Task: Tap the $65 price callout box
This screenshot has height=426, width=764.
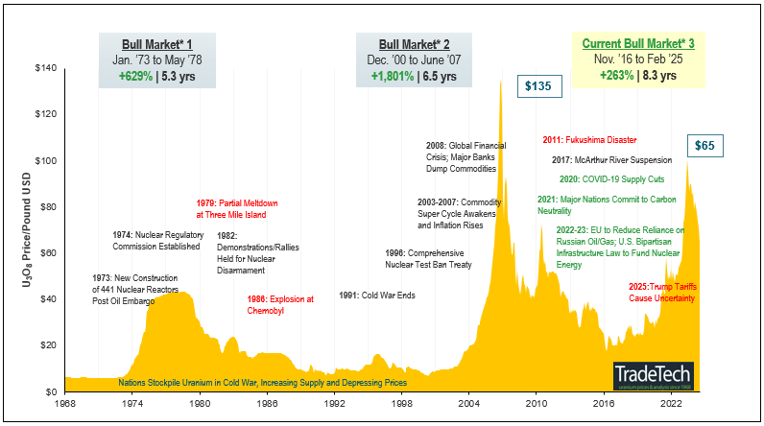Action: pyautogui.click(x=705, y=146)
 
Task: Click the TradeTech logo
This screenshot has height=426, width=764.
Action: pyautogui.click(x=655, y=375)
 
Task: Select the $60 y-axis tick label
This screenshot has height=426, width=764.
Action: pyautogui.click(x=45, y=253)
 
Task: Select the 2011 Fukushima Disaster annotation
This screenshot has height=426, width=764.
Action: pyautogui.click(x=589, y=140)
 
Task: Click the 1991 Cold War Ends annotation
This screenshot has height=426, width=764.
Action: pyautogui.click(x=377, y=295)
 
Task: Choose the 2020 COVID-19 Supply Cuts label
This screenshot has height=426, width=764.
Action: pyautogui.click(x=611, y=178)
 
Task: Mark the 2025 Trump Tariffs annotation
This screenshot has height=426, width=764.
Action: pyautogui.click(x=662, y=293)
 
